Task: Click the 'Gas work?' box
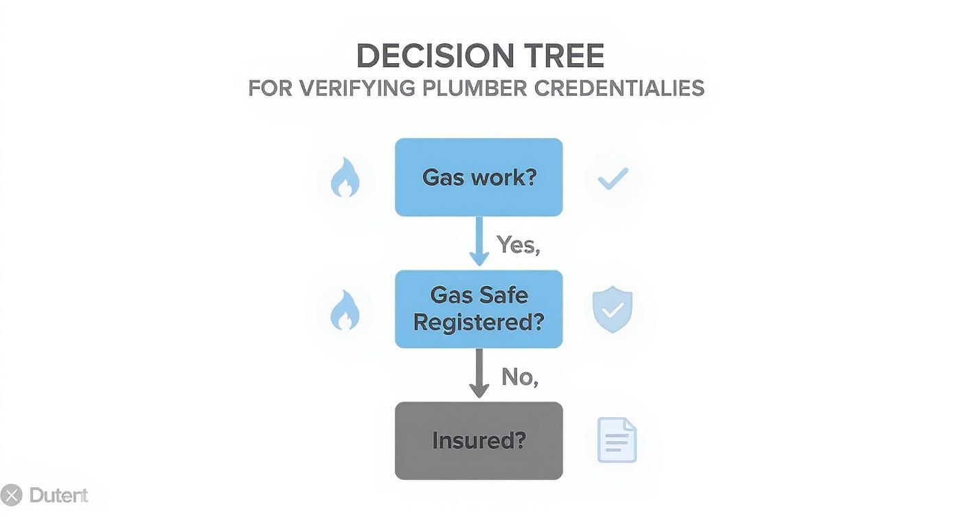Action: click(479, 177)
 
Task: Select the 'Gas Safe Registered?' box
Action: click(479, 309)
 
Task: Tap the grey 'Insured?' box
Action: click(479, 441)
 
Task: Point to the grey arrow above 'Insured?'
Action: click(479, 373)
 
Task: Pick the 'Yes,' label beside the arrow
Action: click(518, 244)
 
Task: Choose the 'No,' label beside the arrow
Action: click(519, 376)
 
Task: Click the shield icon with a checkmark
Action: click(613, 310)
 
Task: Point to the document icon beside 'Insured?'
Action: click(617, 440)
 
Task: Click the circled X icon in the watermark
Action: click(11, 495)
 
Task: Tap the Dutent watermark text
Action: click(59, 495)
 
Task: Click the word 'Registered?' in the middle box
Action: click(479, 322)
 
